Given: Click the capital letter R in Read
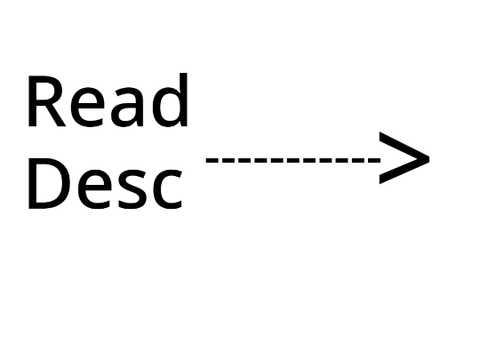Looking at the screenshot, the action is tap(47, 101).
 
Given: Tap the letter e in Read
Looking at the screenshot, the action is tap(87, 108).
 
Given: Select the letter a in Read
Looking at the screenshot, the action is tap(127, 108).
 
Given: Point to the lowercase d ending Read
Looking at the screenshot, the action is tap(170, 100).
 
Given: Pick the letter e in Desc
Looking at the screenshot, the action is tap(95, 190).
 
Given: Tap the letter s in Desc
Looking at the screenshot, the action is tap(133, 190).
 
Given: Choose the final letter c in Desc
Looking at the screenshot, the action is tap(167, 190).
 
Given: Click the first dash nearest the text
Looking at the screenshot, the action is tap(212, 160).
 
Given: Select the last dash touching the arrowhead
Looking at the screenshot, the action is tap(374, 160).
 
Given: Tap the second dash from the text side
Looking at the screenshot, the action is tap(229, 160).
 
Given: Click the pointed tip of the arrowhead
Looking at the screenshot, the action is tap(429, 158).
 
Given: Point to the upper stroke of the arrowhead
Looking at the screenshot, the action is tap(404, 145).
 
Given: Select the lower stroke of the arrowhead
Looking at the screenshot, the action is tap(404, 171).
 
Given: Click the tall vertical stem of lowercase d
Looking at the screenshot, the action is tap(184, 100).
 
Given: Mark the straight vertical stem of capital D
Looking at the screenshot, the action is tap(32, 184).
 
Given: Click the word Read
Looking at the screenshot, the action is tap(108, 100).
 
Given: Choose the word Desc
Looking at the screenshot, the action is tap(105, 184).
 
